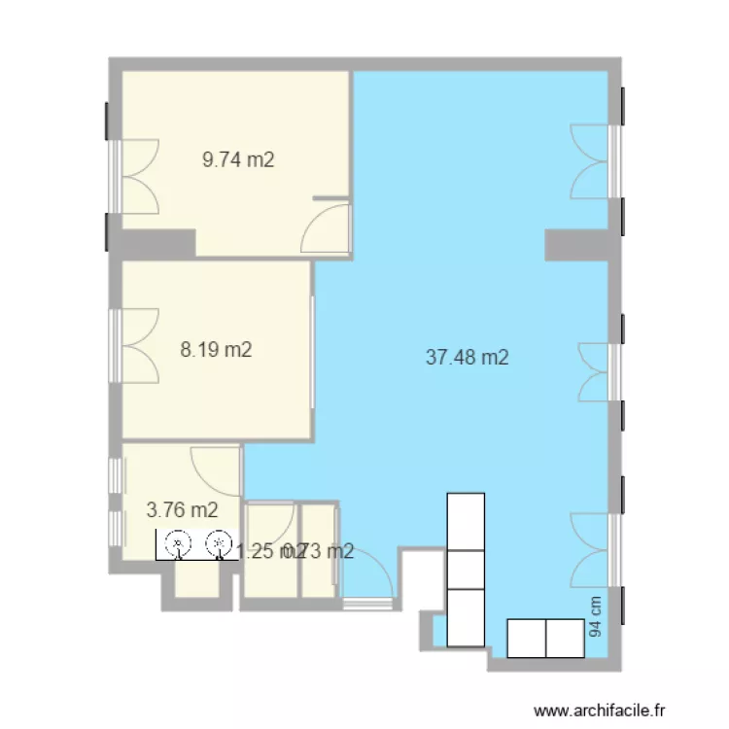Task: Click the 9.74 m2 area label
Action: (x=238, y=160)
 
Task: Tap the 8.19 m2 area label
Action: (x=217, y=350)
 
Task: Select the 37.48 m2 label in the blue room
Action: (x=468, y=358)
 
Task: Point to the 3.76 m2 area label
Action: (x=182, y=508)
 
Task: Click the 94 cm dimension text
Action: (x=596, y=616)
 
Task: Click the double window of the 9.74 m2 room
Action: (x=136, y=176)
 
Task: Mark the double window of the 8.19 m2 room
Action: (x=136, y=346)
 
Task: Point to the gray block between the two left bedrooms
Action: (x=156, y=243)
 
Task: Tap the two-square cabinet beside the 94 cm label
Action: (x=545, y=639)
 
